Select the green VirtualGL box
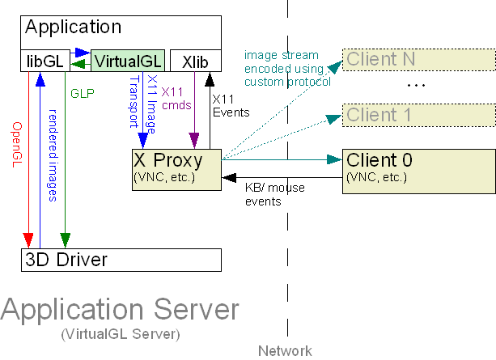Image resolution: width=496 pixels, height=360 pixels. (x=128, y=61)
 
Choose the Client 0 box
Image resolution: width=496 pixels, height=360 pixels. (x=418, y=170)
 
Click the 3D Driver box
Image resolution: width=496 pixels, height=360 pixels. (x=121, y=260)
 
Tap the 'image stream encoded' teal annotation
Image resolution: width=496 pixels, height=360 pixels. (x=287, y=69)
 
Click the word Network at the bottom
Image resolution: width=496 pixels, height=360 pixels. (x=285, y=350)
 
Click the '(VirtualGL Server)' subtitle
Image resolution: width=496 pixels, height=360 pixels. (x=119, y=333)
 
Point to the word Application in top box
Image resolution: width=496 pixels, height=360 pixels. (x=73, y=27)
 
